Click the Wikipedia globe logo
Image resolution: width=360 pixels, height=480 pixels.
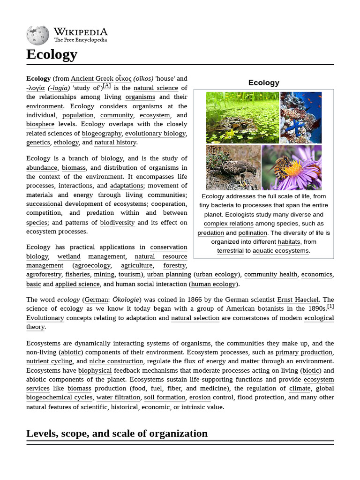pyautogui.click(x=37, y=36)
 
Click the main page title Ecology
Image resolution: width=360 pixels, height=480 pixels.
pyautogui.click(x=52, y=54)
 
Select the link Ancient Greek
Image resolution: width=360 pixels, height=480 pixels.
pyautogui.click(x=92, y=79)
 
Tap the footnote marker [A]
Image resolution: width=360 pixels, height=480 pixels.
pyautogui.click(x=107, y=86)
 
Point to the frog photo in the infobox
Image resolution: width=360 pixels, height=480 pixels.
pyautogui.click(x=242, y=118)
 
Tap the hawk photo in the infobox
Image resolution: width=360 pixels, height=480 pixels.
pyautogui.click(x=233, y=167)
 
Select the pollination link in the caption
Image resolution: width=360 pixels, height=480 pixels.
pyautogui.click(x=252, y=233)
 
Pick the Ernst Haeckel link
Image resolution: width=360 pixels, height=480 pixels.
pyautogui.click(x=298, y=300)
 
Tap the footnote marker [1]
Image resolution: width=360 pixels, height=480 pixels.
pyautogui.click(x=330, y=307)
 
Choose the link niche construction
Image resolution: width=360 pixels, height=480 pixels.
pyautogui.click(x=116, y=361)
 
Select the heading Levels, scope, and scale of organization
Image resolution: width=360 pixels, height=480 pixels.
pyautogui.click(x=117, y=433)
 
